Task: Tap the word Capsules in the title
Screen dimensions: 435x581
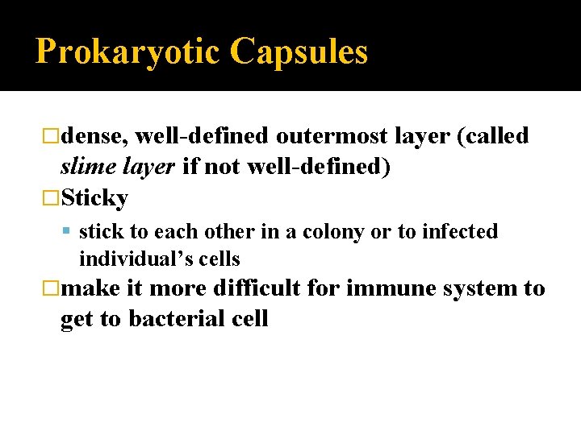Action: click(299, 52)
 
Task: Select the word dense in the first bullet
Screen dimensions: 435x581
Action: click(90, 136)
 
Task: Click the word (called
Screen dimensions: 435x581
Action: click(492, 136)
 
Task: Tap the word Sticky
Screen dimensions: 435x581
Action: click(94, 197)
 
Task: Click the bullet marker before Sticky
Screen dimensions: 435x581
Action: click(52, 197)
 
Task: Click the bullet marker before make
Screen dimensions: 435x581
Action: click(52, 288)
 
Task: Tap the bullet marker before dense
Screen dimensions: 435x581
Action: click(52, 136)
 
